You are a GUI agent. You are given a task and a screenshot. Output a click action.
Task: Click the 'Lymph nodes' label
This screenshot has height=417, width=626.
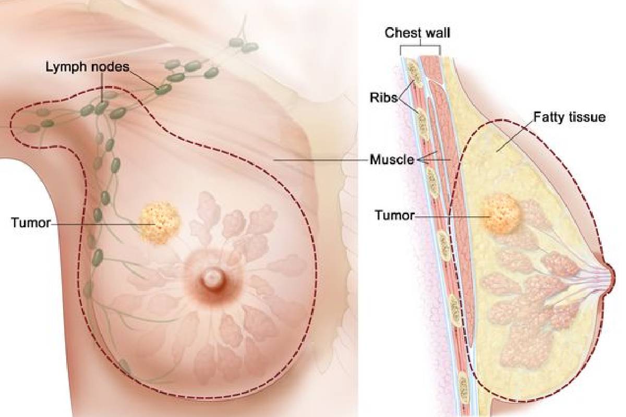click(x=88, y=67)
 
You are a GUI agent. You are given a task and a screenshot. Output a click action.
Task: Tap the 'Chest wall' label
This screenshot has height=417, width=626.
click(x=417, y=33)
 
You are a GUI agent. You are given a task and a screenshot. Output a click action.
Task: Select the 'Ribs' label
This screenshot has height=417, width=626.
click(x=383, y=97)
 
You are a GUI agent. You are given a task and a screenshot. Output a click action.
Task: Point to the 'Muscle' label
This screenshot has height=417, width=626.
click(x=392, y=160)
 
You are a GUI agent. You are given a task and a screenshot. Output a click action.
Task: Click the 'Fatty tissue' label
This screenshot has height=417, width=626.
click(x=570, y=117)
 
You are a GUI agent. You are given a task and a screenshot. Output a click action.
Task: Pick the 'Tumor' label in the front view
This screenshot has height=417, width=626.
click(x=31, y=223)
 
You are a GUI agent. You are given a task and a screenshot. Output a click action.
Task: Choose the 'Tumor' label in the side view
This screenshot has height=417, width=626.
click(x=394, y=215)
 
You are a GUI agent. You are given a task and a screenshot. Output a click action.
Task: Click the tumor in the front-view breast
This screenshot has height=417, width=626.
click(x=160, y=222)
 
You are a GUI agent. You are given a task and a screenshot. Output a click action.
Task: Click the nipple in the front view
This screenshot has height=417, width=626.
click(x=212, y=279)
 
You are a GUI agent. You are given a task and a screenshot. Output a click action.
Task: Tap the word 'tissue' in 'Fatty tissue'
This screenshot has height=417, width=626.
click(x=587, y=117)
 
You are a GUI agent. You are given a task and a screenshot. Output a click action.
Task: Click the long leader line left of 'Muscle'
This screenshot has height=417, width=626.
click(x=320, y=160)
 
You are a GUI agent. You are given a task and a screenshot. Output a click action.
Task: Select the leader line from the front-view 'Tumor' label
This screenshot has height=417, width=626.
click(x=103, y=224)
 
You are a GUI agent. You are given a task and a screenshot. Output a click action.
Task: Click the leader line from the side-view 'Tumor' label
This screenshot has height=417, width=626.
click(x=452, y=216)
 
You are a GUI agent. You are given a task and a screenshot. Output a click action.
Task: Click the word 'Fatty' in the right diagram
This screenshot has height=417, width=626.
click(x=549, y=117)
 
